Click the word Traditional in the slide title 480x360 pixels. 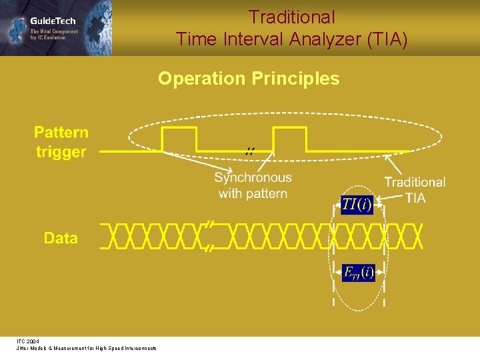(x=291, y=17)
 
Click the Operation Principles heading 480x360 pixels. (x=249, y=79)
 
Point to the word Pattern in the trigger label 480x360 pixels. (x=61, y=132)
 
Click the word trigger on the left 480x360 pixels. (x=61, y=152)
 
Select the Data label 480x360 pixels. (x=61, y=238)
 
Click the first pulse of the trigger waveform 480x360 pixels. (x=179, y=139)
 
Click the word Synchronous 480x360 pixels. (x=253, y=177)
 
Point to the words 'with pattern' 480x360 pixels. (x=253, y=193)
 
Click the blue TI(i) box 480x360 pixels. (x=357, y=205)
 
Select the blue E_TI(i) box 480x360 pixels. (x=358, y=272)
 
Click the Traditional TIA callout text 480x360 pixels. (x=415, y=189)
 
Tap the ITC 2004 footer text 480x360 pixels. (x=28, y=341)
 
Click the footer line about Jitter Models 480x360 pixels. (x=87, y=349)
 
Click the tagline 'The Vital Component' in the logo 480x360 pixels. (x=54, y=31)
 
